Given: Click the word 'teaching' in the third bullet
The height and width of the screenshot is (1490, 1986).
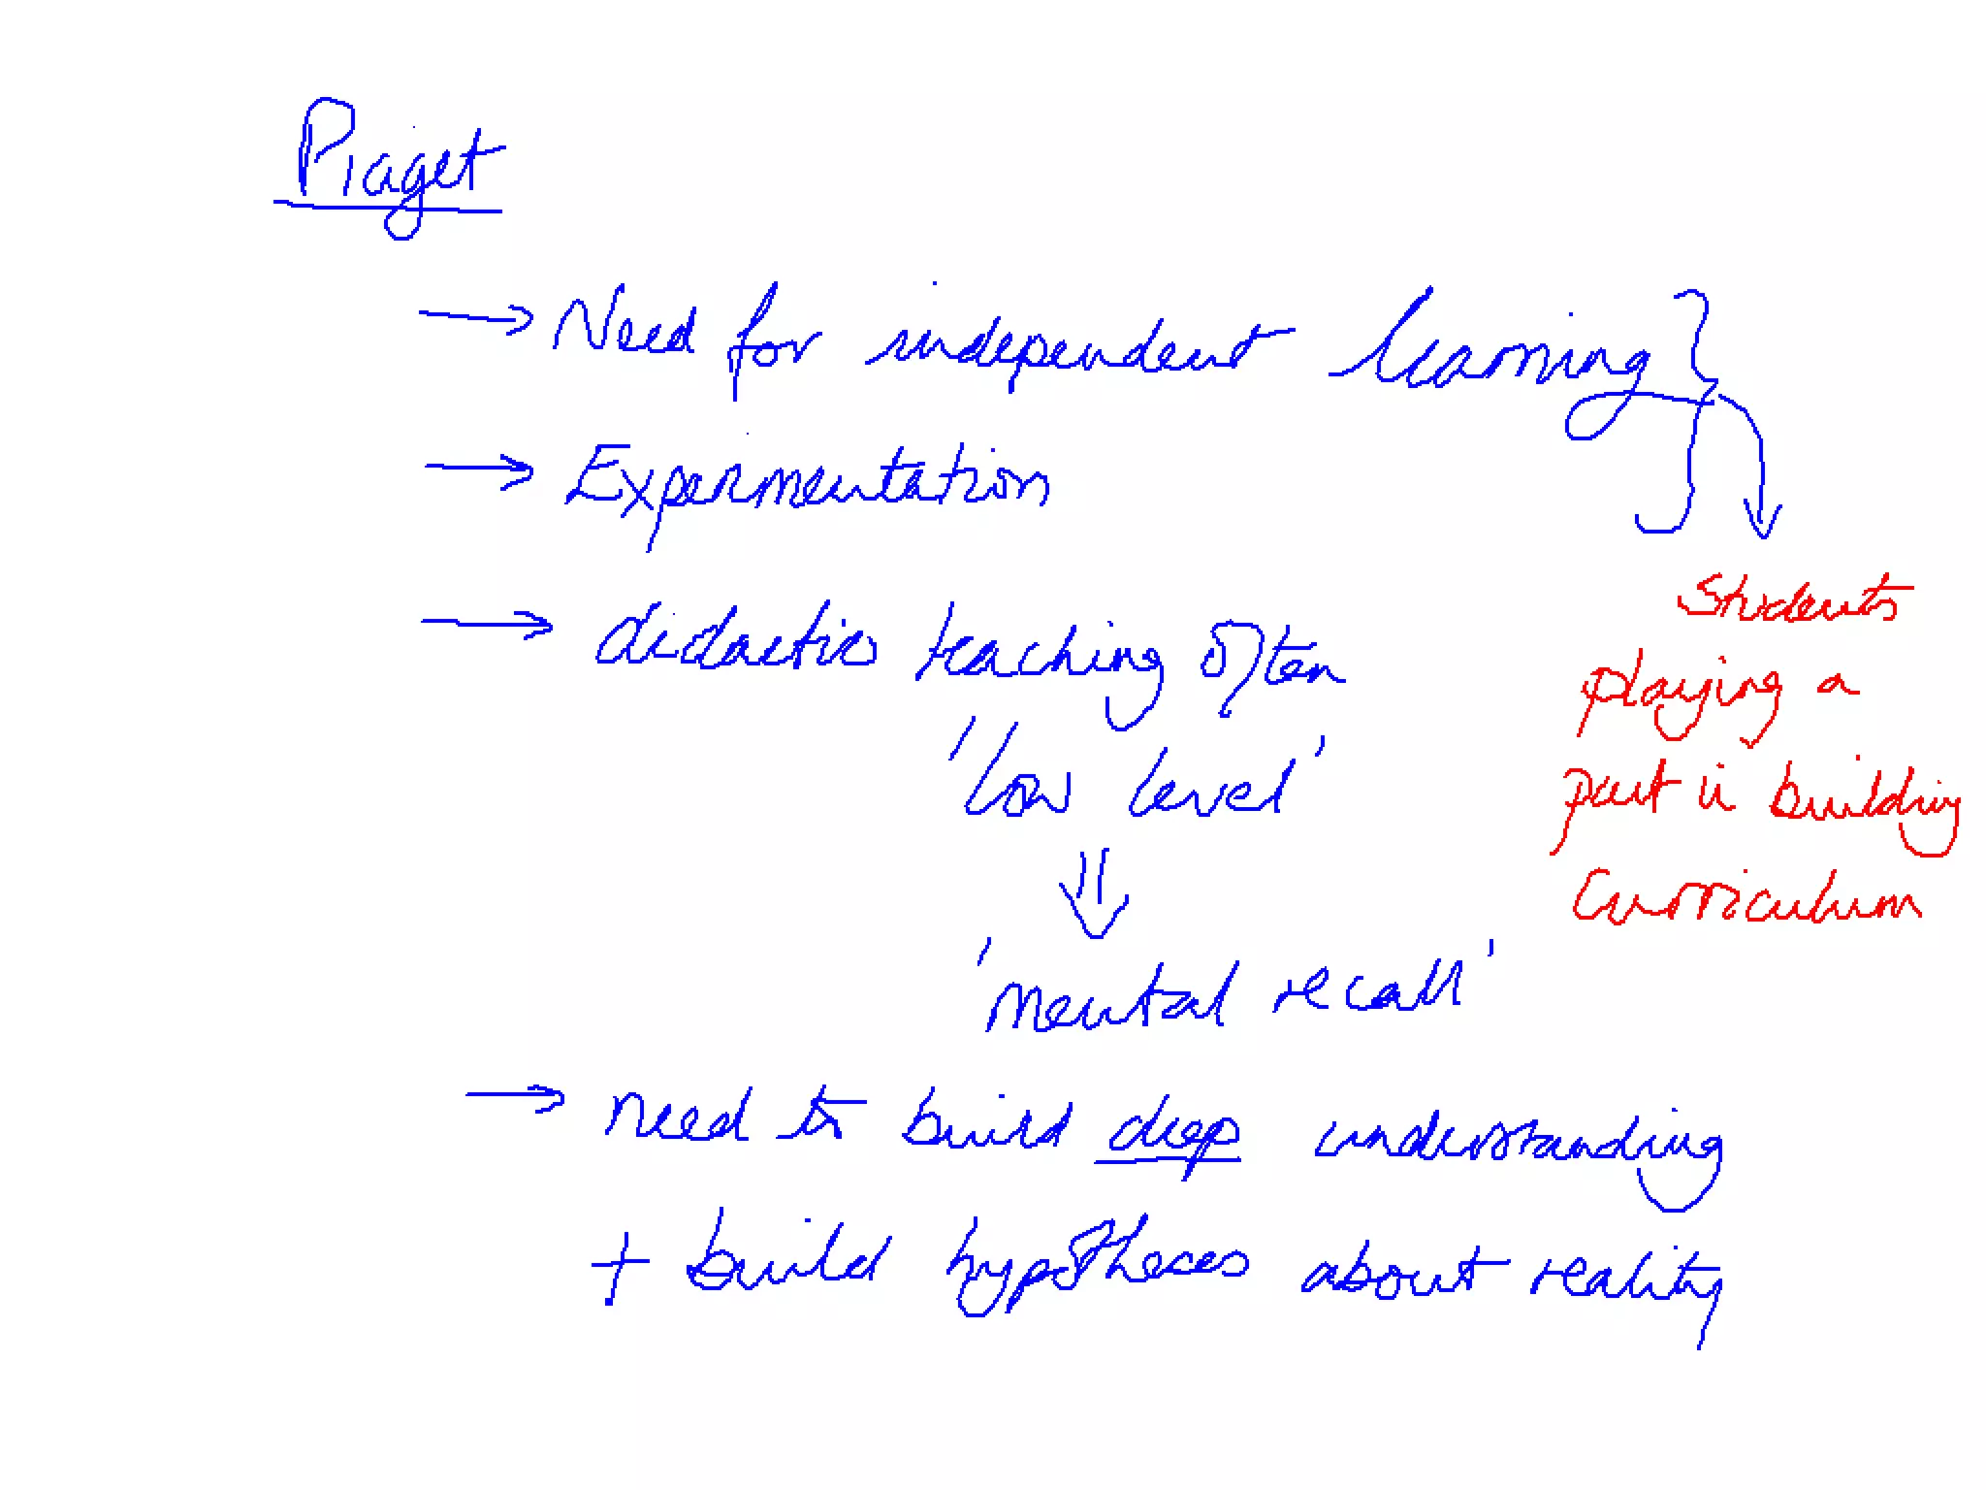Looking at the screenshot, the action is (1038, 660).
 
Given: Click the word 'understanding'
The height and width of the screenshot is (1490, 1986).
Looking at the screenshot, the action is (1518, 1145).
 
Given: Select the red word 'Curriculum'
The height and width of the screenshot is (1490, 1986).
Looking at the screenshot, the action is (1746, 898).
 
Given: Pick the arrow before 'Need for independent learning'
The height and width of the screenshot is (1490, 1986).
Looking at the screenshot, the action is (476, 316).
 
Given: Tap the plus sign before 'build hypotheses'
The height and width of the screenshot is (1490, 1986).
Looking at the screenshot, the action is (618, 1265).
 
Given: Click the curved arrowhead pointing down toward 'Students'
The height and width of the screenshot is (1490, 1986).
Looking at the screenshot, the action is (1761, 519).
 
